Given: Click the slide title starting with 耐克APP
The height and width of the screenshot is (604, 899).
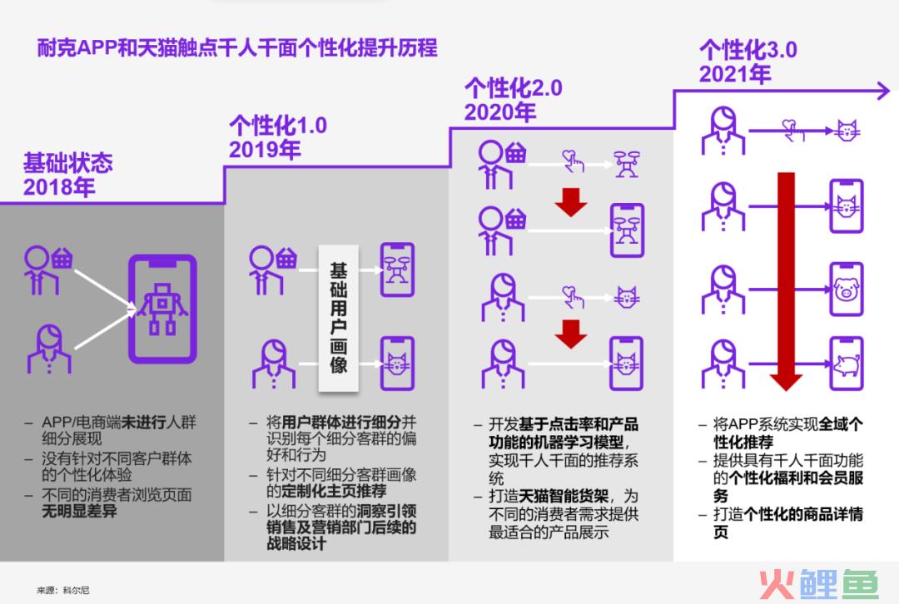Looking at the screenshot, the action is click(x=237, y=47).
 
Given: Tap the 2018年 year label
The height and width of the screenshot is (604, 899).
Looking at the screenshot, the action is click(x=59, y=187).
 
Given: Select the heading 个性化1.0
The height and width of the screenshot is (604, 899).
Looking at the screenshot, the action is click(x=278, y=126).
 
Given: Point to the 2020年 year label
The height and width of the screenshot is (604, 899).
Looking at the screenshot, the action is click(x=500, y=112).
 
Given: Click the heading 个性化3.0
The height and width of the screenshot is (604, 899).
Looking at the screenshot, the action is click(x=748, y=50).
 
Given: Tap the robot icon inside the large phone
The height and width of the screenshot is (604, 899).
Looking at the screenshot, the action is click(x=163, y=309).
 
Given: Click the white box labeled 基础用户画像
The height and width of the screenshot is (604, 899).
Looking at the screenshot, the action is click(x=338, y=319).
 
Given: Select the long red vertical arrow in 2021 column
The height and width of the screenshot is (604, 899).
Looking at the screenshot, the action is click(x=786, y=281).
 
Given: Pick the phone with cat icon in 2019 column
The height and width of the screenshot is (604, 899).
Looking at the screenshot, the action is click(x=397, y=364).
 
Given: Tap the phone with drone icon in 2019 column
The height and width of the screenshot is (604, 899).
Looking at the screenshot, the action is click(x=397, y=270).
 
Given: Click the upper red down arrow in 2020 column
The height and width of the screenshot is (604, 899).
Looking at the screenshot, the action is click(x=571, y=201).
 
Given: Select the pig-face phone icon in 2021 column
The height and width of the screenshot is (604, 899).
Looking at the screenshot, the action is click(x=847, y=289).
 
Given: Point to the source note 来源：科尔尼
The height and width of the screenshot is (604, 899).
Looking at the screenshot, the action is click(x=63, y=590).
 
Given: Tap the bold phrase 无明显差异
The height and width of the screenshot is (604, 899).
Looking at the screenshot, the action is click(x=79, y=511).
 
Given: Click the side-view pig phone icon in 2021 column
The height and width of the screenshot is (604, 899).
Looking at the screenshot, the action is click(x=847, y=364).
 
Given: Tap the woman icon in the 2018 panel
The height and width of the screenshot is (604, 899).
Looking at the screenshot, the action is click(x=49, y=349).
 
